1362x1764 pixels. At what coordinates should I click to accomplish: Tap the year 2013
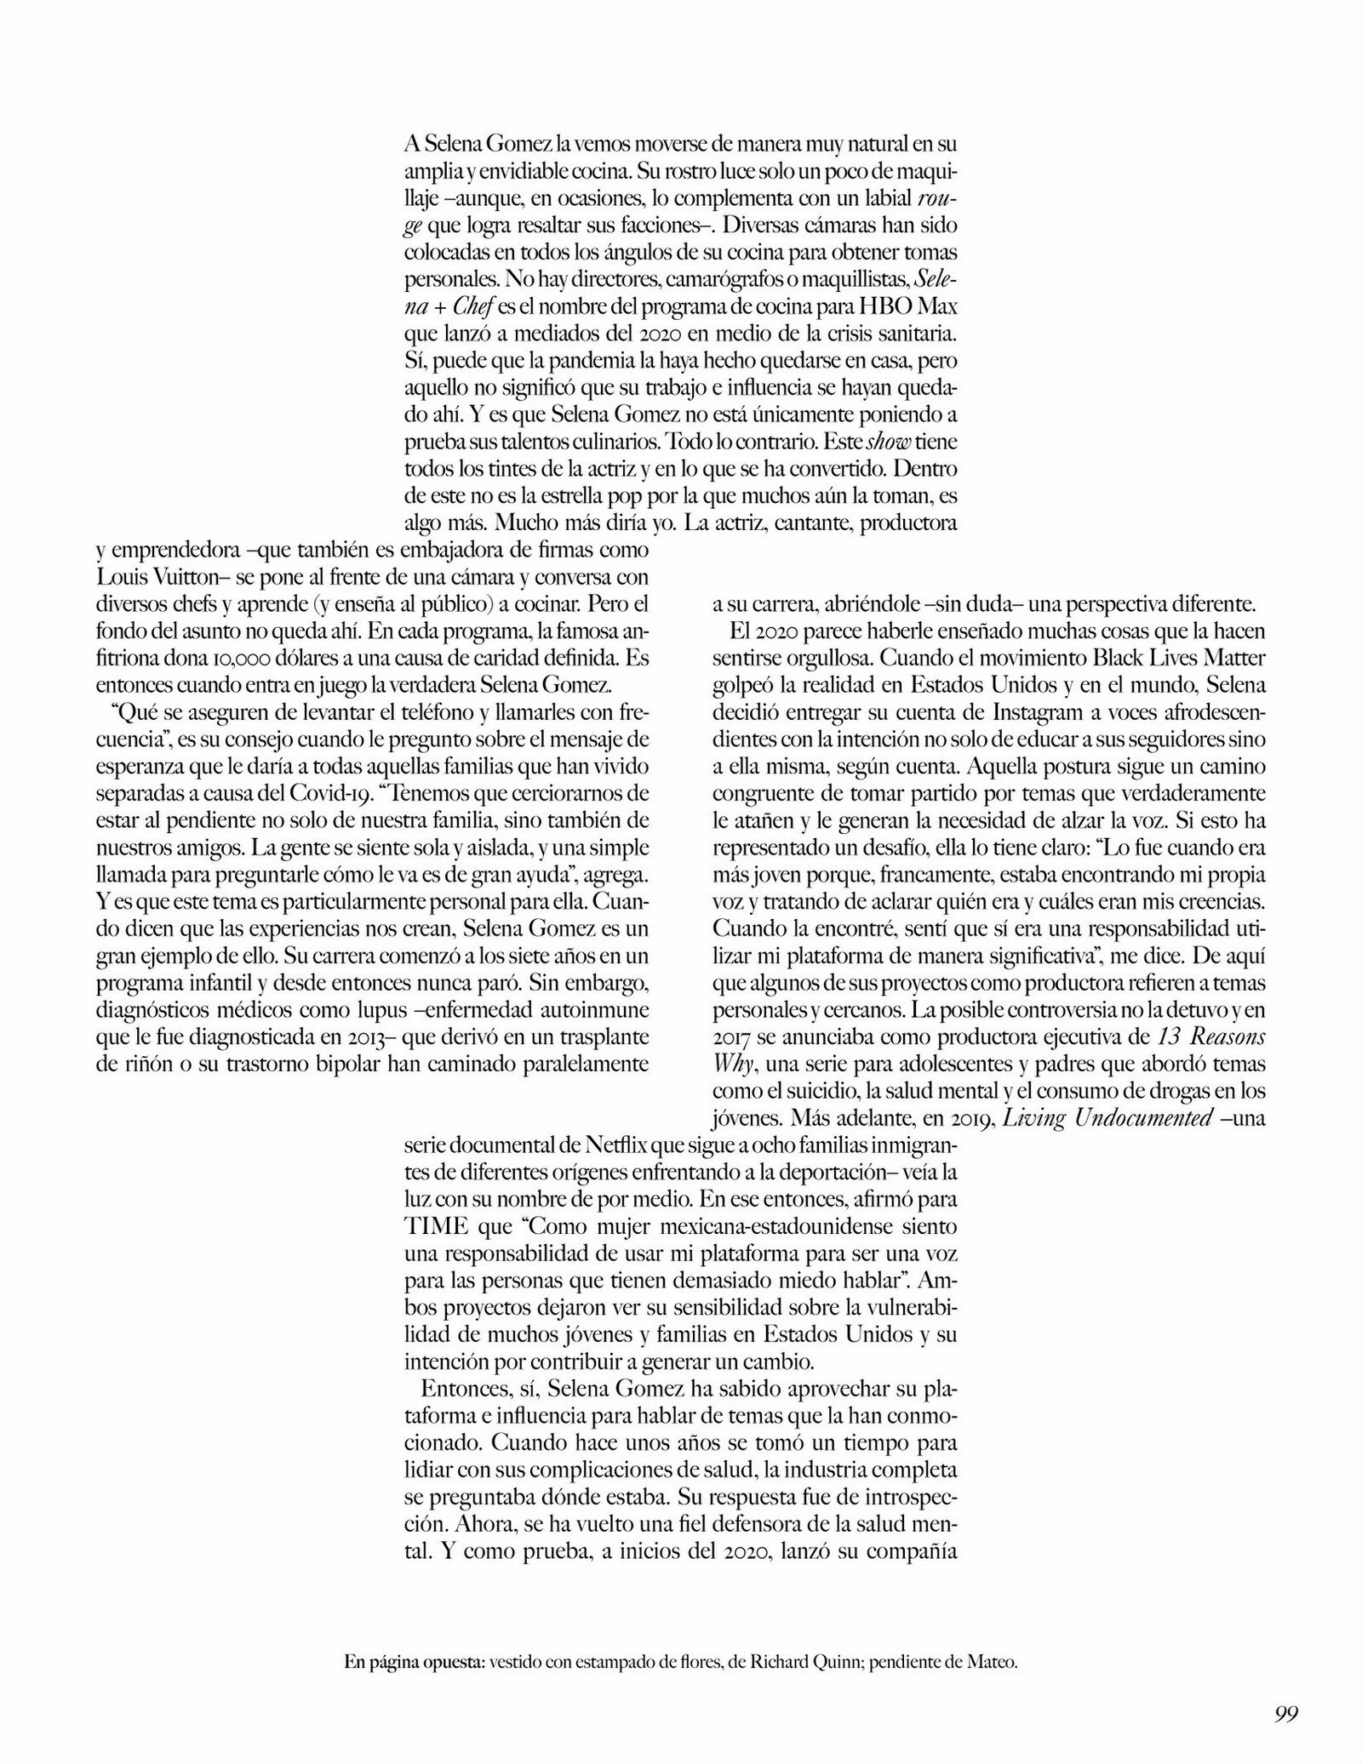367,1038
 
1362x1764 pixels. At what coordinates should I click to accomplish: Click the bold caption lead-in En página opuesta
415,1639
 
